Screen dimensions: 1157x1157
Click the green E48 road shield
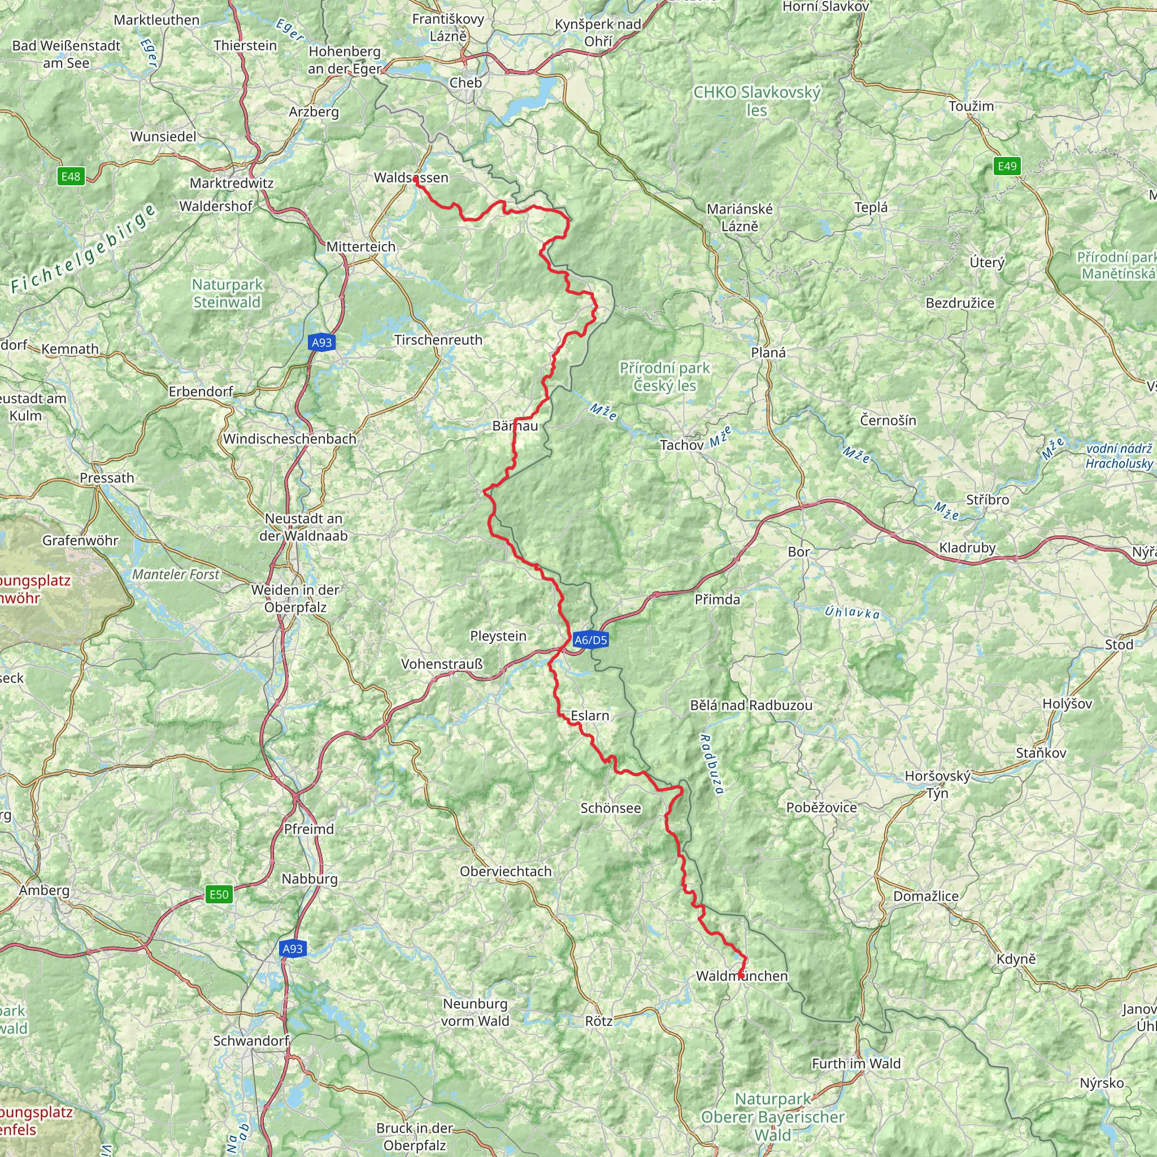71,176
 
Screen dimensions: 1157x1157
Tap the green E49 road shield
1007,166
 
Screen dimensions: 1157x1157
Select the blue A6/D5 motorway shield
590,640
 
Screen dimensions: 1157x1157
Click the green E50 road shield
219,894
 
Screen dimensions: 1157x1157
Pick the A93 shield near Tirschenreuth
321,342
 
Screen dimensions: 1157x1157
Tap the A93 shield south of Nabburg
292,948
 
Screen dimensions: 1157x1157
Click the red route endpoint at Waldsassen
415,179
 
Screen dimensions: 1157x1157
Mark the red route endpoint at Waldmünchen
741,976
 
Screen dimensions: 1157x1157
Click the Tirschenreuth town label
438,340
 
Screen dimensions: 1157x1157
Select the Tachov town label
681,445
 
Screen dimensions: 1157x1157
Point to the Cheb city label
466,82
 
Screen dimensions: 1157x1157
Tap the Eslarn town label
590,716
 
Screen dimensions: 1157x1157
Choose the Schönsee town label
610,808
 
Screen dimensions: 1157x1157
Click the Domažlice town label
925,896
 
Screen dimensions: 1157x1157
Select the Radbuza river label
712,764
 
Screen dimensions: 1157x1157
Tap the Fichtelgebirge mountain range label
84,249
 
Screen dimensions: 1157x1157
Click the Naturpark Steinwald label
228,293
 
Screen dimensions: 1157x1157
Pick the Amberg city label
44,890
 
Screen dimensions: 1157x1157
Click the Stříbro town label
987,499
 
